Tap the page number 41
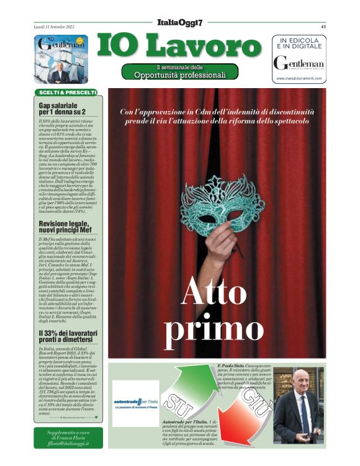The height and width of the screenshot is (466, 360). coord(323,27)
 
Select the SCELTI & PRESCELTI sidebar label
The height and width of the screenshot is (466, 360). coord(66,92)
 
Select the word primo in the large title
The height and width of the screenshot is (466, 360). coord(214,329)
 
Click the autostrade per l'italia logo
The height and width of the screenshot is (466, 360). coord(135,403)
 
